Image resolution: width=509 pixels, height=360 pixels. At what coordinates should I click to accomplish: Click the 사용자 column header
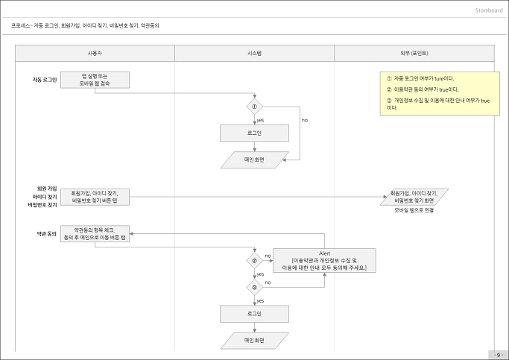click(95, 53)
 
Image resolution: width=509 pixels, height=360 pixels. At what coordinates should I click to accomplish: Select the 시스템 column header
click(255, 53)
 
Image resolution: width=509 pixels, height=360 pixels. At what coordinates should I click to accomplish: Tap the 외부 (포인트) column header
click(414, 53)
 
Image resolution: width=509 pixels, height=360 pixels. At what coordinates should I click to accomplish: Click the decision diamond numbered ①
click(255, 107)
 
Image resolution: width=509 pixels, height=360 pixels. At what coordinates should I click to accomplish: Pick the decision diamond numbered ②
click(255, 260)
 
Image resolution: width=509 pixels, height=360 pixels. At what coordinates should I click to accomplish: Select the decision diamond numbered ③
click(255, 287)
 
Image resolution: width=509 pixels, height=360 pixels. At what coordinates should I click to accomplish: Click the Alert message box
click(324, 260)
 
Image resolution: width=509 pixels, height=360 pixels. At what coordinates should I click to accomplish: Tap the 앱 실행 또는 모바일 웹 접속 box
click(95, 80)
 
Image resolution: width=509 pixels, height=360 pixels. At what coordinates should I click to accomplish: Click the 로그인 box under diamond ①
click(255, 133)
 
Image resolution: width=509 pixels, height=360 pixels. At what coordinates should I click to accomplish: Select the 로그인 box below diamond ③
click(255, 314)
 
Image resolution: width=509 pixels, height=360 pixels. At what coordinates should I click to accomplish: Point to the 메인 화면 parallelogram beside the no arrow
click(255, 160)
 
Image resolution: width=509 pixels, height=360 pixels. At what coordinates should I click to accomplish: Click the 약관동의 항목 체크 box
click(95, 234)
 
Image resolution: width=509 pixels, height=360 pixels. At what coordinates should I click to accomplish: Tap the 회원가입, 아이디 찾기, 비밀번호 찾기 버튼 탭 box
click(95, 197)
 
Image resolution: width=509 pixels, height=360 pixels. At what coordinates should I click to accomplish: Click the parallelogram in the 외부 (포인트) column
click(414, 197)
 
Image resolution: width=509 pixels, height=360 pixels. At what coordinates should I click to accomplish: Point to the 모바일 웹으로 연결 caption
click(414, 210)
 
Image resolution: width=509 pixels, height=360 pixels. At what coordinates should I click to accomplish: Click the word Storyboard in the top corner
click(489, 10)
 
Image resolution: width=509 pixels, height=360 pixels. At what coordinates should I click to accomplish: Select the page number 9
click(499, 355)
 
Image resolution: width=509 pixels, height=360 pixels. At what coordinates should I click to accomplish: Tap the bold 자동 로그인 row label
click(45, 80)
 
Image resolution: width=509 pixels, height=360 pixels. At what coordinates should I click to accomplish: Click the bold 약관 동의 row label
click(46, 234)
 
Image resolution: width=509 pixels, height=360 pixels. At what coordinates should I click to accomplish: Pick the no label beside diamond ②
click(268, 256)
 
